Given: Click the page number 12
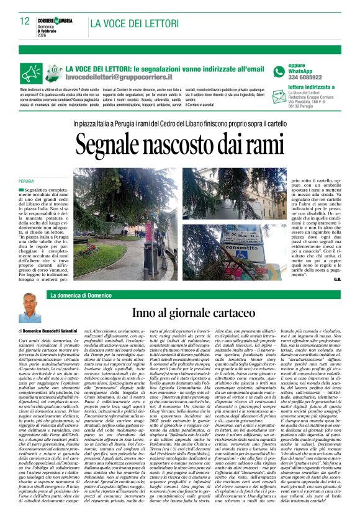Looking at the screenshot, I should tap(25, 21).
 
